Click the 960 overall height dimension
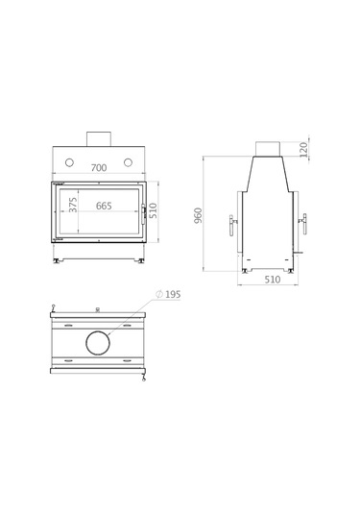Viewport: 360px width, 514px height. [200, 216]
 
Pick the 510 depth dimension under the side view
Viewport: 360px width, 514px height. [271, 281]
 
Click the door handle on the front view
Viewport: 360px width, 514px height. [144, 210]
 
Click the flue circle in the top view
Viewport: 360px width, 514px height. [99, 341]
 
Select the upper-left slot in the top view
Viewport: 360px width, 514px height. [69, 324]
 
